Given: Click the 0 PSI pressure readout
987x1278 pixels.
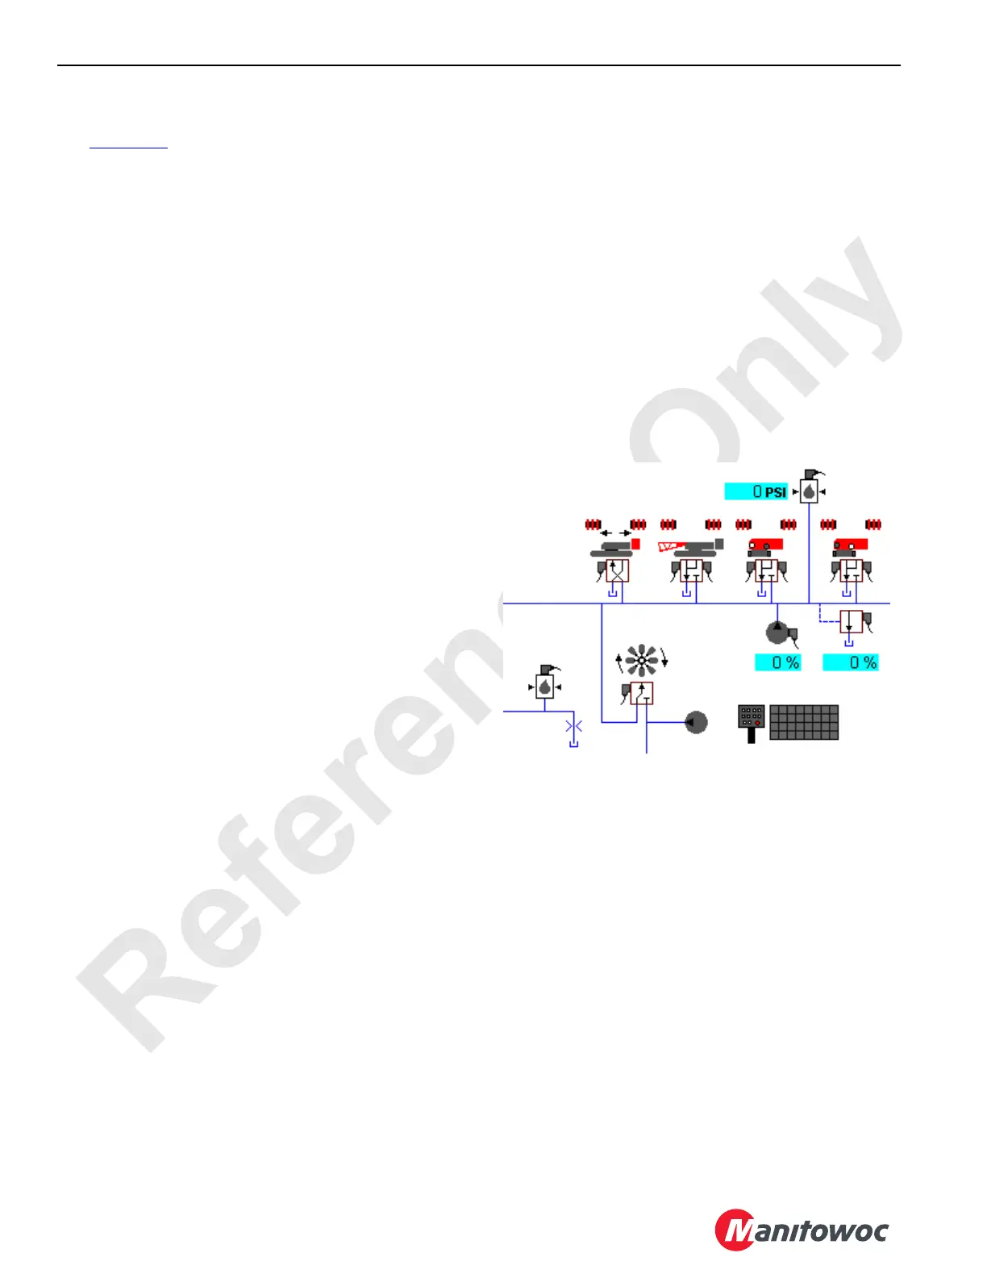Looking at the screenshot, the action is [x=756, y=491].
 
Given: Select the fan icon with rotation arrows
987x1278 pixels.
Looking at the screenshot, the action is [x=642, y=661].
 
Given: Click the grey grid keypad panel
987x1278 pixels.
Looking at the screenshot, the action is [x=804, y=722].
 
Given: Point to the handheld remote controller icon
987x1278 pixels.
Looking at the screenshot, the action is [x=752, y=723].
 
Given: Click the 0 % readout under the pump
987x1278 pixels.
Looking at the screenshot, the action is [x=777, y=662].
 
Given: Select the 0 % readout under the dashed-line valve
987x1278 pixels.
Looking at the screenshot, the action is [x=850, y=662].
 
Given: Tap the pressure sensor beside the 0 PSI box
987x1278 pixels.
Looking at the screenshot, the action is [x=809, y=487].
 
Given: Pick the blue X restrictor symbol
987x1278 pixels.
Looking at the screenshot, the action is [x=573, y=727].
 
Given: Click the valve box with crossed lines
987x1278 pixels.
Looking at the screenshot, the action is [x=617, y=571].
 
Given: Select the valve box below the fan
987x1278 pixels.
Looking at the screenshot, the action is [x=642, y=693].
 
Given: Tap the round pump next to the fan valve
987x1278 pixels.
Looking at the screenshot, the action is [x=696, y=721].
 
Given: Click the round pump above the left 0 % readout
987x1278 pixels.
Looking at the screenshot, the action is [x=777, y=632].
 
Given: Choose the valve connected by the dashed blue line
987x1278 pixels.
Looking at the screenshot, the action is [x=852, y=622].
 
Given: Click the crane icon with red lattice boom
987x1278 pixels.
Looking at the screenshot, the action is [x=690, y=548].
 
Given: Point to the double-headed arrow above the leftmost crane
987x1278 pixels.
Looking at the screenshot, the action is [x=616, y=533].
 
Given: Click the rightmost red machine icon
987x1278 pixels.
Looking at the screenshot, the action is [x=850, y=547].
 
